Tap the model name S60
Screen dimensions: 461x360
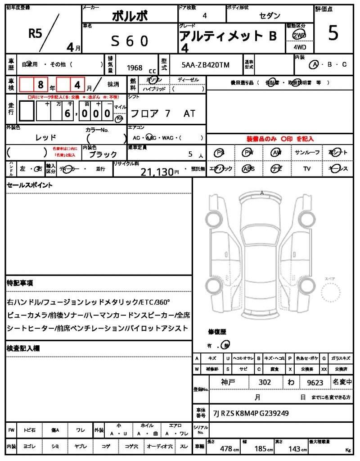130,41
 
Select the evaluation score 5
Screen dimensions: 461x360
333,34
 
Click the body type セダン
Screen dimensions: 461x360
269,15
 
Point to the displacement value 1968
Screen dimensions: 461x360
135,68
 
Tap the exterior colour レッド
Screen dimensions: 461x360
46,137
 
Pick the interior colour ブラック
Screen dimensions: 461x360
103,154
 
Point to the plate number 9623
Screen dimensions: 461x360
315,383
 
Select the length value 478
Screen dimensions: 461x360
225,449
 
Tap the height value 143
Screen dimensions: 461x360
296,449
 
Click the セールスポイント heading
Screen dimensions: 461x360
29,185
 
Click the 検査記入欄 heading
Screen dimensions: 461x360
23,348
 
